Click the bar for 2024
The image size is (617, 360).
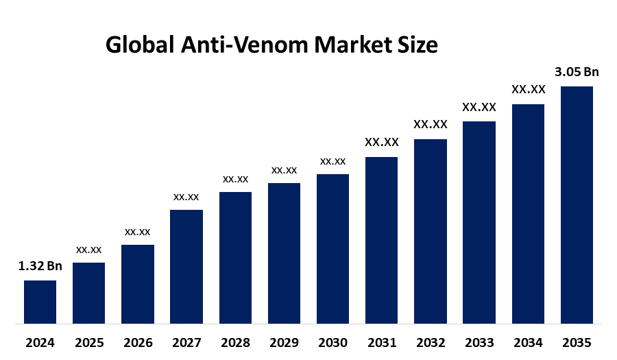pos(40,302)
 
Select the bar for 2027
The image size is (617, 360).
pos(186,266)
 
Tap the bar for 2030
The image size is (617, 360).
pos(332,248)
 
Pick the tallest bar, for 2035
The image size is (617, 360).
pos(577,204)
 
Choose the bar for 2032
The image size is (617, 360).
pos(431,231)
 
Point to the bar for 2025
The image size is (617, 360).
pos(88,293)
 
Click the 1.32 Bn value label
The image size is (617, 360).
pos(40,267)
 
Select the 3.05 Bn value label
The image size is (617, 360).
pos(577,72)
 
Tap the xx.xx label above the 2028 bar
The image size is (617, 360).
pos(235,179)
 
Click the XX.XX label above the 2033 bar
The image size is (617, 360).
pos(479,107)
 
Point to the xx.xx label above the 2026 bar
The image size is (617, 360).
pos(137,232)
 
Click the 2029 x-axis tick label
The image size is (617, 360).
pos(284,343)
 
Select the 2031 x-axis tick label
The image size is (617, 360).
pos(381,343)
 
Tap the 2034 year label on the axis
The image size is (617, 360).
pos(528,343)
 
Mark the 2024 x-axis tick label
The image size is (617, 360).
pos(40,343)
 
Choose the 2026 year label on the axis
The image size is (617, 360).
pos(137,343)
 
